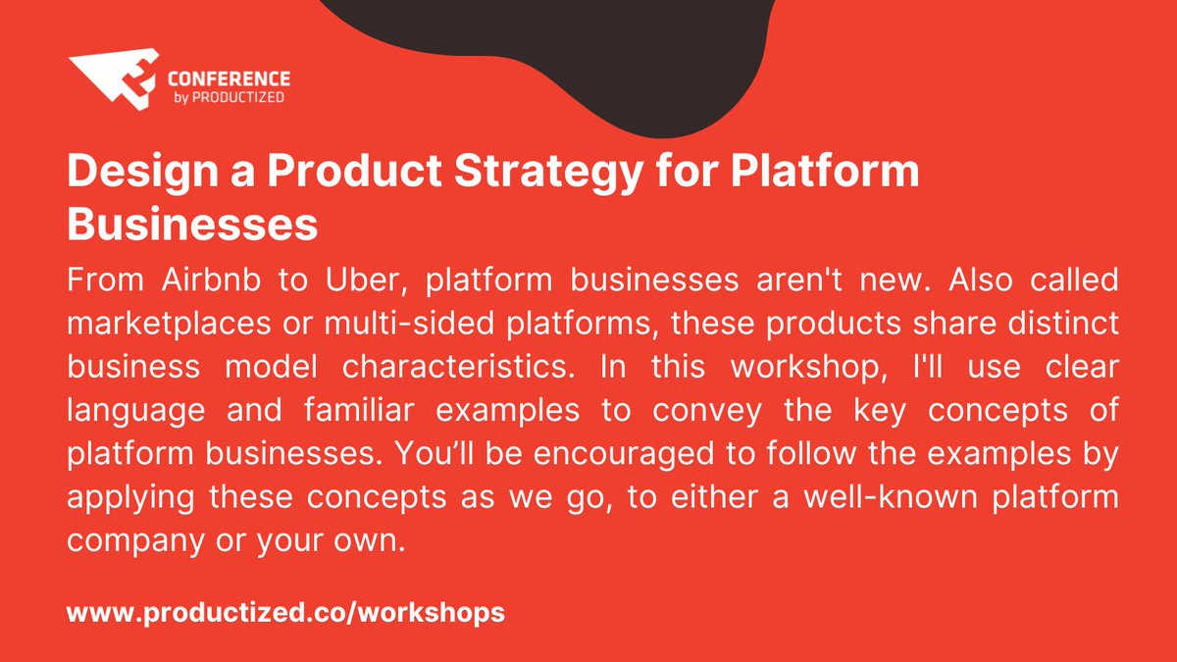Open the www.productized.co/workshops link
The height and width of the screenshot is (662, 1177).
click(285, 614)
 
